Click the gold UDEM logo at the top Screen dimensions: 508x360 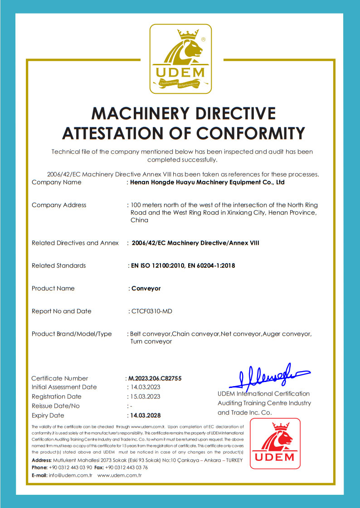[x=180, y=59]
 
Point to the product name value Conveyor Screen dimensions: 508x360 [x=146, y=288]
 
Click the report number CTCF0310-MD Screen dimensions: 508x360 [x=151, y=311]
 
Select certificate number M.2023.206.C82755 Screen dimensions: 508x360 [x=155, y=378]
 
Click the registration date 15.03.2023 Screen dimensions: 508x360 [x=145, y=397]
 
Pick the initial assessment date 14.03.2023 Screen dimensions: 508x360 [x=145, y=387]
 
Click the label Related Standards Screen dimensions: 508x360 [x=58, y=266]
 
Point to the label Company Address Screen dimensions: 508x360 [x=59, y=205]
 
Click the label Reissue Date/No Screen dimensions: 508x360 [x=55, y=406]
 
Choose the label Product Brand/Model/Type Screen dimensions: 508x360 [x=72, y=334]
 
